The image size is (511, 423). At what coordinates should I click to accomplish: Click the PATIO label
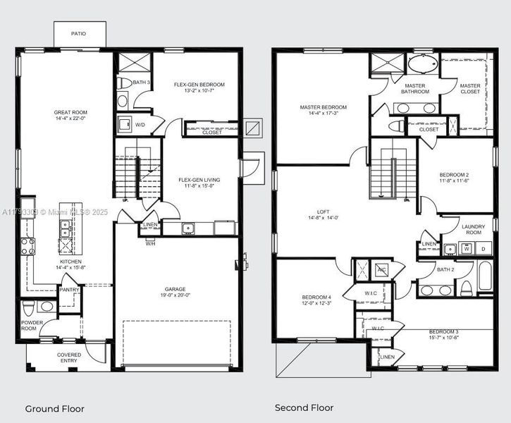pos(80,33)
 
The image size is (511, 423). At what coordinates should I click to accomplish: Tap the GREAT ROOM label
pos(70,112)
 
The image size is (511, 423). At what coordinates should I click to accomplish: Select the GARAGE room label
pos(175,289)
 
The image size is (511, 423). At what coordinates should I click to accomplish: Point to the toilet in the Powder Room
pos(27,309)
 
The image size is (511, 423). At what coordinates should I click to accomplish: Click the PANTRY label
pos(69,289)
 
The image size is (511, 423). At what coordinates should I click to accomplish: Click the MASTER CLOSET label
pos(470,89)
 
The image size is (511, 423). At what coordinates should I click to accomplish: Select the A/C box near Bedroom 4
pos(381,269)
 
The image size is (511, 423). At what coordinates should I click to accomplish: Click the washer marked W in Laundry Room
pos(467,249)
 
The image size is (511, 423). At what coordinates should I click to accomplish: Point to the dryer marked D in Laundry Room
pos(483,249)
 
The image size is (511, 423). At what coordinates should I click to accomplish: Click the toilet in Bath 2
pos(466,288)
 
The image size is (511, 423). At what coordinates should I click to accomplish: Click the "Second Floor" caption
pos(304,407)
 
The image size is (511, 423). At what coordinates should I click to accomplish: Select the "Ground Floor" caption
pos(54,408)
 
